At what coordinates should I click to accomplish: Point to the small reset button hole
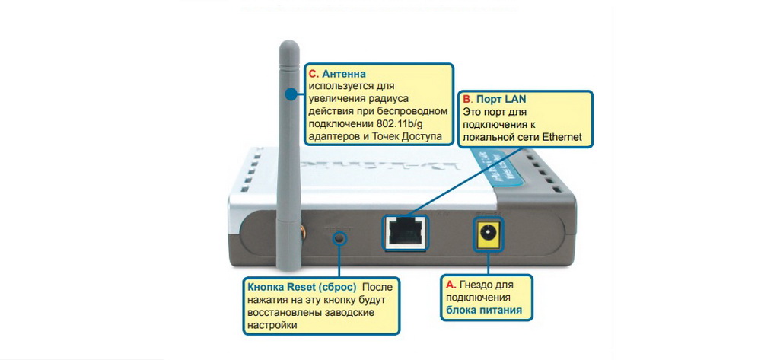coord(339,237)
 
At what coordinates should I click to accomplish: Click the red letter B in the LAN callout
coord(468,100)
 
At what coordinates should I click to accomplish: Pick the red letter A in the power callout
coord(451,284)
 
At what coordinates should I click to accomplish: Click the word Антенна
coord(344,75)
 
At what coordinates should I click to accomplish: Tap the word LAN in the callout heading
coord(514,100)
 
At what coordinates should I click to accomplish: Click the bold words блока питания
coord(484,311)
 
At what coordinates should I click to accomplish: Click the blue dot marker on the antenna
coord(291,94)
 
